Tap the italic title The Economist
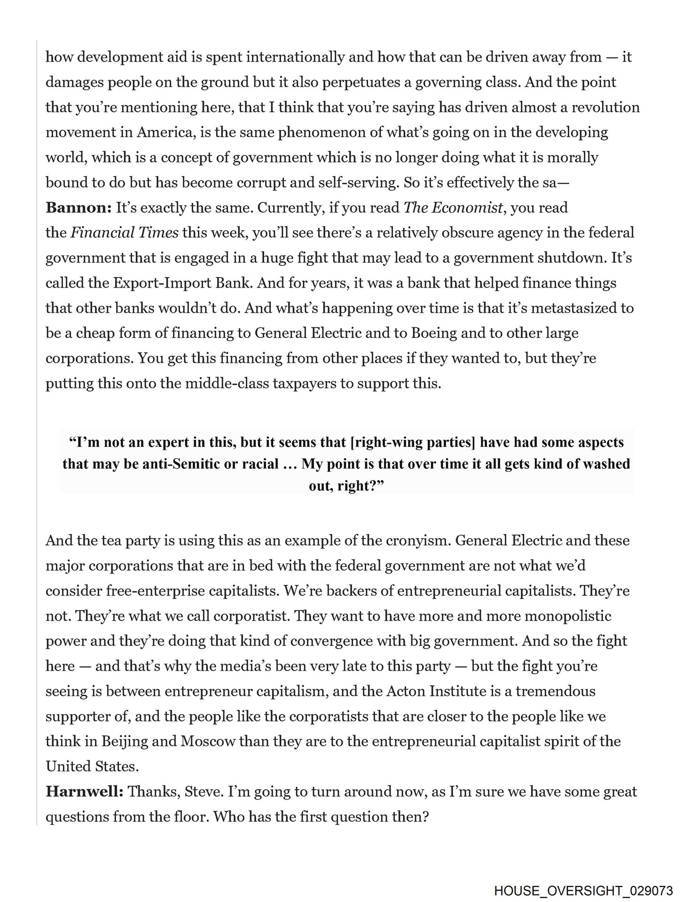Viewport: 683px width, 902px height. click(x=453, y=208)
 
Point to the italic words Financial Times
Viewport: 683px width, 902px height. click(x=124, y=233)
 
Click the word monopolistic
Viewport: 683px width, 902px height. click(x=568, y=615)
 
